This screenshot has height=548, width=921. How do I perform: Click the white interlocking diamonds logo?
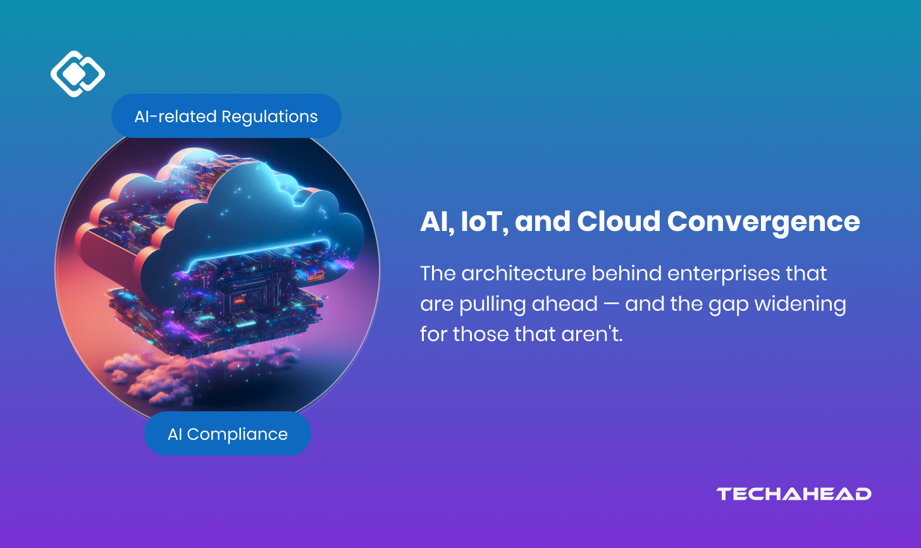click(77, 74)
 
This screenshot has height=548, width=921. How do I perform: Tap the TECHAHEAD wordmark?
click(794, 494)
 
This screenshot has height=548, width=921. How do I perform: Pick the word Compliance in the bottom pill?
click(237, 434)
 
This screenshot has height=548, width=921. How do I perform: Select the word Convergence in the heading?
click(763, 222)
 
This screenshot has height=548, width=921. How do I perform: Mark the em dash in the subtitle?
click(611, 304)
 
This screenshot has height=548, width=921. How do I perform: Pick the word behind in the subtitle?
click(626, 273)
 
